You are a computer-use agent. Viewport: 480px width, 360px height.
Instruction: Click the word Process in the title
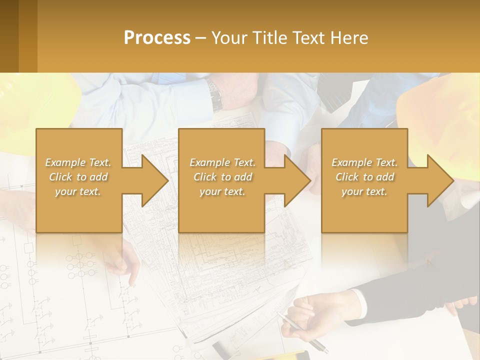[x=157, y=38]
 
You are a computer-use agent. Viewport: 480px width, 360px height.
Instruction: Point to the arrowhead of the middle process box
[x=296, y=180]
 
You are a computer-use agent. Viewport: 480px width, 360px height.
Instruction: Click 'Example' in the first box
[x=65, y=162]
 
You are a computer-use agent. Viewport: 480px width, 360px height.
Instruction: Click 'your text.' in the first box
[x=78, y=191]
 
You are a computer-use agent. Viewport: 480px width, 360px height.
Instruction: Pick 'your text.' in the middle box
[x=222, y=191]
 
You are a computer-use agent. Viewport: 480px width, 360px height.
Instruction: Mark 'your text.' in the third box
[x=364, y=191]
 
